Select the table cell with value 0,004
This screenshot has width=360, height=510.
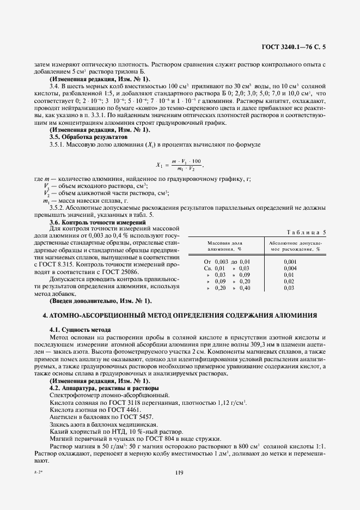(290, 268)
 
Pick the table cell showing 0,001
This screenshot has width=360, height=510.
(290, 262)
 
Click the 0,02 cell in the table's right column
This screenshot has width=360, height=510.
(289, 281)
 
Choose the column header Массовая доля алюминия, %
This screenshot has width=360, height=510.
(224, 245)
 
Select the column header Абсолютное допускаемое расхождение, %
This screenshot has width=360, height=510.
(295, 245)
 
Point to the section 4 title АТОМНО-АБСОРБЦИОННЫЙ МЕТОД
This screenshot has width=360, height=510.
(179, 316)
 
